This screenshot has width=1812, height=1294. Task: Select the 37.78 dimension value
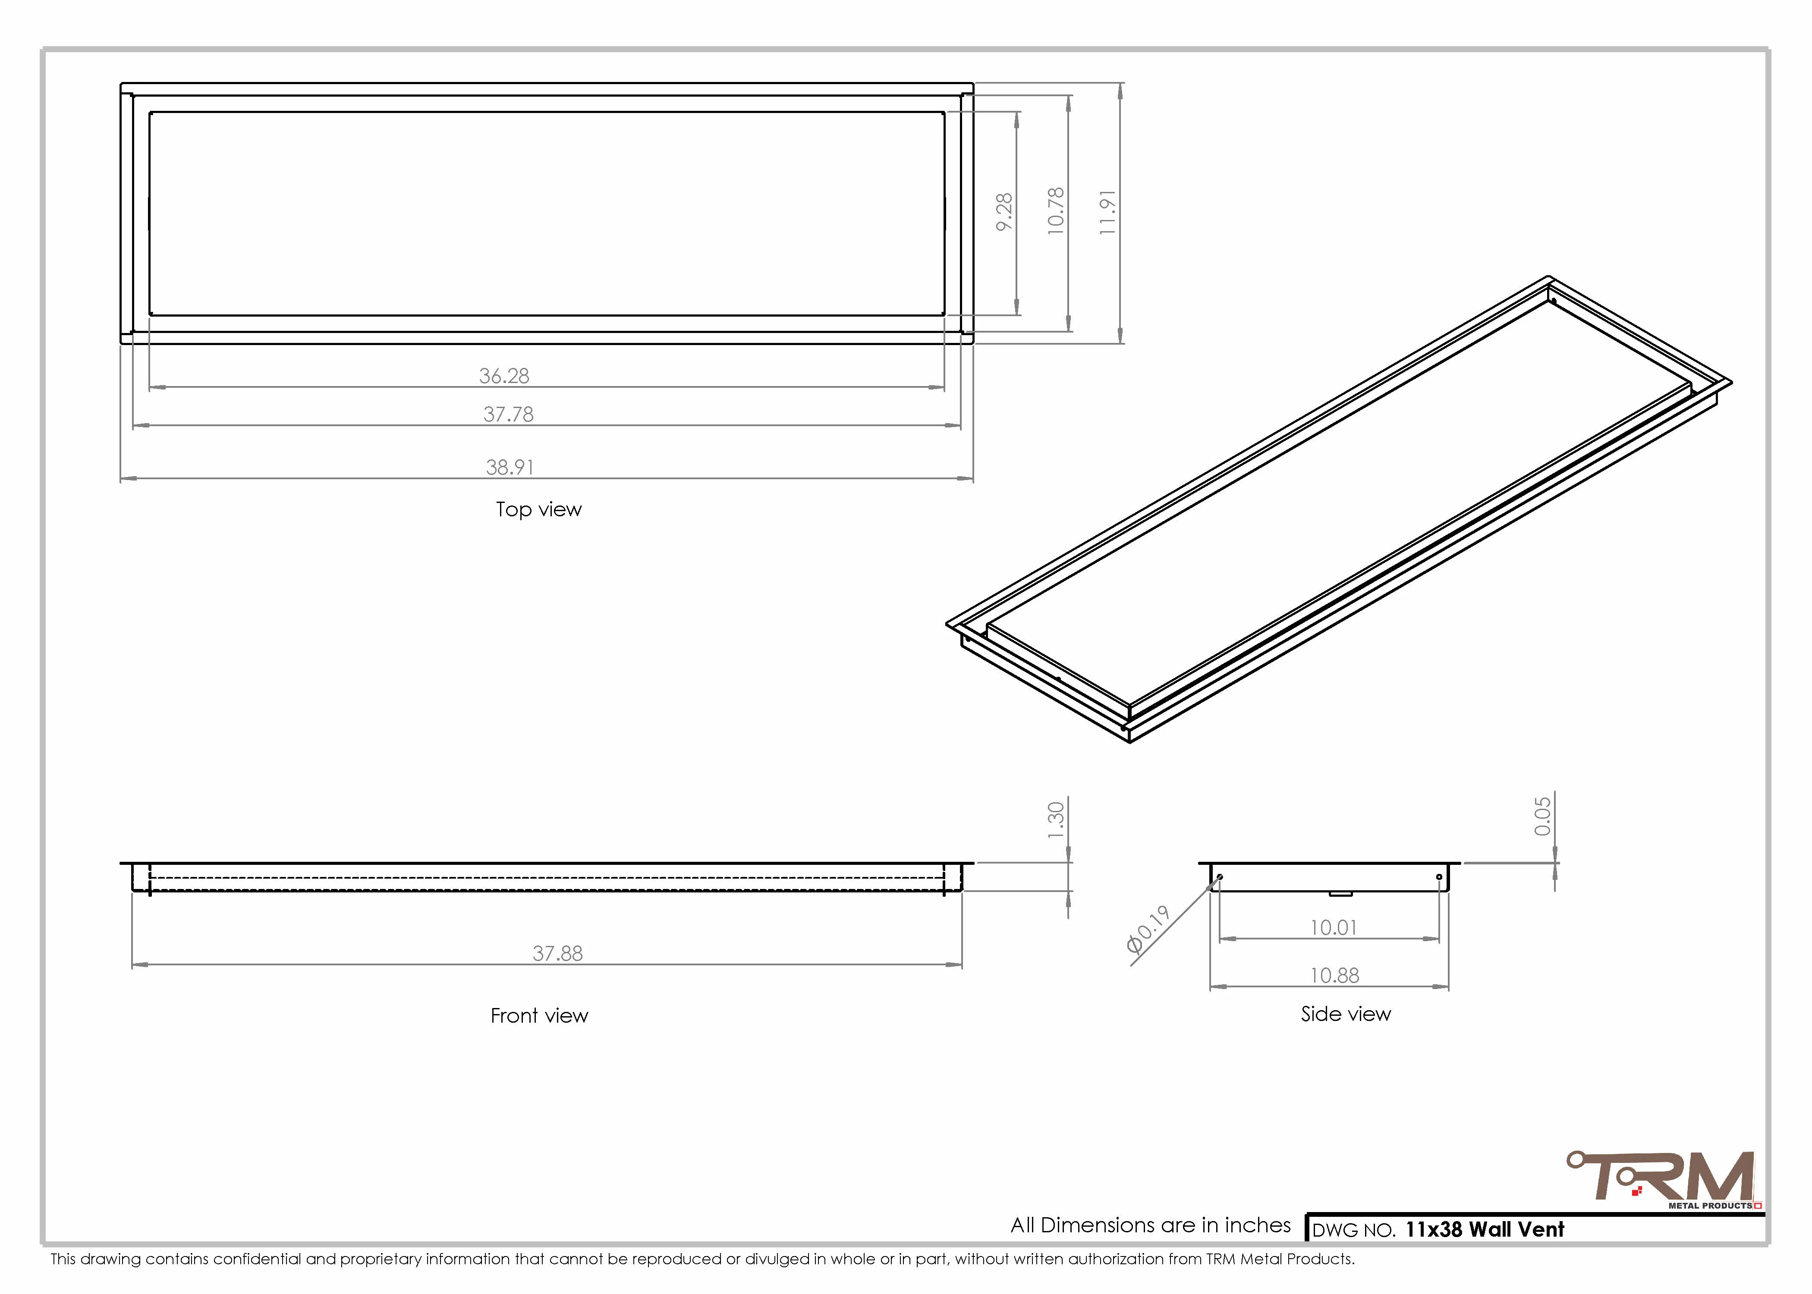click(x=508, y=415)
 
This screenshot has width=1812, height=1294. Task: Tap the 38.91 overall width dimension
click(x=510, y=467)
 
